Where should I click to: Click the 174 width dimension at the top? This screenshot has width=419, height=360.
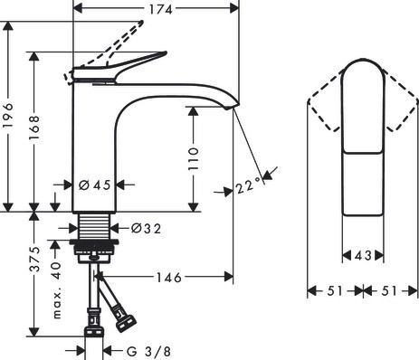(x=161, y=9)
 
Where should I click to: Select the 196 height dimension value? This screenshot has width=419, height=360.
(x=8, y=116)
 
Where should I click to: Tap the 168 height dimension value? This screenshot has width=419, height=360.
(x=34, y=128)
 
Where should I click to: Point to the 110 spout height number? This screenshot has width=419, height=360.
(x=194, y=159)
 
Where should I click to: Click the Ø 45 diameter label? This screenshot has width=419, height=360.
(x=95, y=185)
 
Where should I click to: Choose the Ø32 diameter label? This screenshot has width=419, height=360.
(x=146, y=229)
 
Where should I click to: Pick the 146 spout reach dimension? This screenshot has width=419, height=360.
(x=168, y=278)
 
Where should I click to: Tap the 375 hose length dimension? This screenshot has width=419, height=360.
(x=35, y=259)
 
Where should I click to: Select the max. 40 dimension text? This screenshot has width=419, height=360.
(x=56, y=290)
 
